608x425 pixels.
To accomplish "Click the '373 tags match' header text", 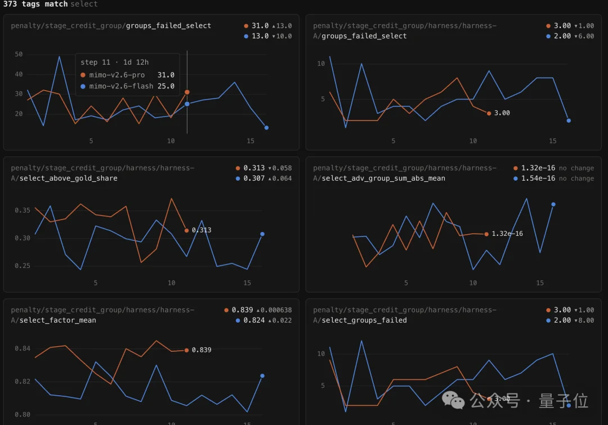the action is (35, 4).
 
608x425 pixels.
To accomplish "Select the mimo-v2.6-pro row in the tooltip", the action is (128, 75).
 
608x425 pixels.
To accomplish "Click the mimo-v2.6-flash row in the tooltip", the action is (128, 86).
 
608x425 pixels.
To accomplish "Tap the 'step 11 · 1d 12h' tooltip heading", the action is (114, 62).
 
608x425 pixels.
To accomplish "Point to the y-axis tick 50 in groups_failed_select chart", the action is (19, 54).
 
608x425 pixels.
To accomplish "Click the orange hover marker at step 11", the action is (187, 92).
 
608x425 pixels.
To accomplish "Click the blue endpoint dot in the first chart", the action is (266, 128).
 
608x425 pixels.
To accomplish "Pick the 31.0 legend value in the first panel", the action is (260, 25).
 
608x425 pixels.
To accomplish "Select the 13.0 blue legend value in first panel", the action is (260, 36).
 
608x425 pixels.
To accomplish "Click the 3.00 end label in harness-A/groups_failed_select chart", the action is (502, 113).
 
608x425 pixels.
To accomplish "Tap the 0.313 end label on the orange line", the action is (202, 230).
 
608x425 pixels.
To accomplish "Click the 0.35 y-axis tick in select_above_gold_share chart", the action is (23, 210).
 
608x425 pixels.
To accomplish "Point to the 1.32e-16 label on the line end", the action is (507, 234).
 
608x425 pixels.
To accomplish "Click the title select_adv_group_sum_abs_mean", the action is (383, 178).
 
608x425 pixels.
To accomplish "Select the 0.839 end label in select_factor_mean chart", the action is (202, 350).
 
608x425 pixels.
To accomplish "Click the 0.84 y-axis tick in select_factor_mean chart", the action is (23, 348).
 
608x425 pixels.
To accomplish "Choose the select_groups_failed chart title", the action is (364, 320).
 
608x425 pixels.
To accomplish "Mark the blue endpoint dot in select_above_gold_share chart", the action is (262, 234).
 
